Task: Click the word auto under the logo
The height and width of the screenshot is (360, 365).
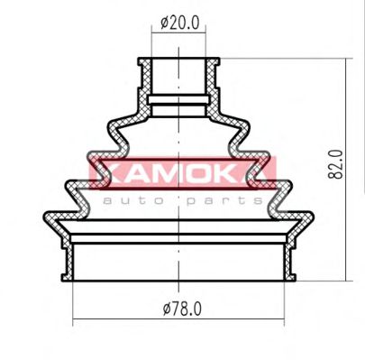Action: pos(129,198)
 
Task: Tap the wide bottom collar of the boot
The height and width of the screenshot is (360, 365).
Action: pos(181,262)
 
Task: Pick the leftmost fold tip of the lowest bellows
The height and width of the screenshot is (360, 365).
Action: pos(46,216)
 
